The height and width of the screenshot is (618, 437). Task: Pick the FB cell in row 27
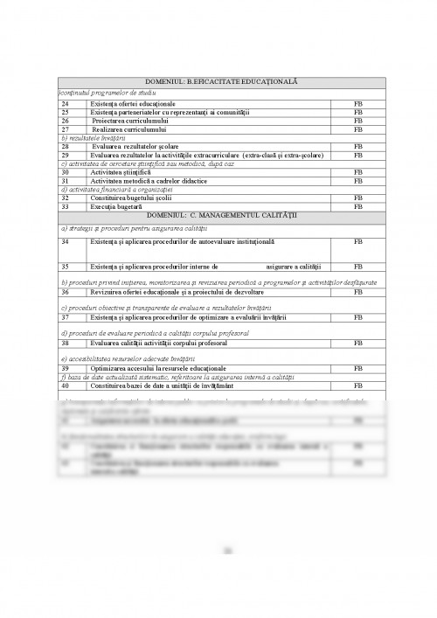point(357,129)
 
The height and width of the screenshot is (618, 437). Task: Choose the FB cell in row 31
point(357,180)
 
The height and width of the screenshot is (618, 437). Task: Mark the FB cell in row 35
point(357,266)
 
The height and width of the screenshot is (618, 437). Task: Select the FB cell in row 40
point(357,385)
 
